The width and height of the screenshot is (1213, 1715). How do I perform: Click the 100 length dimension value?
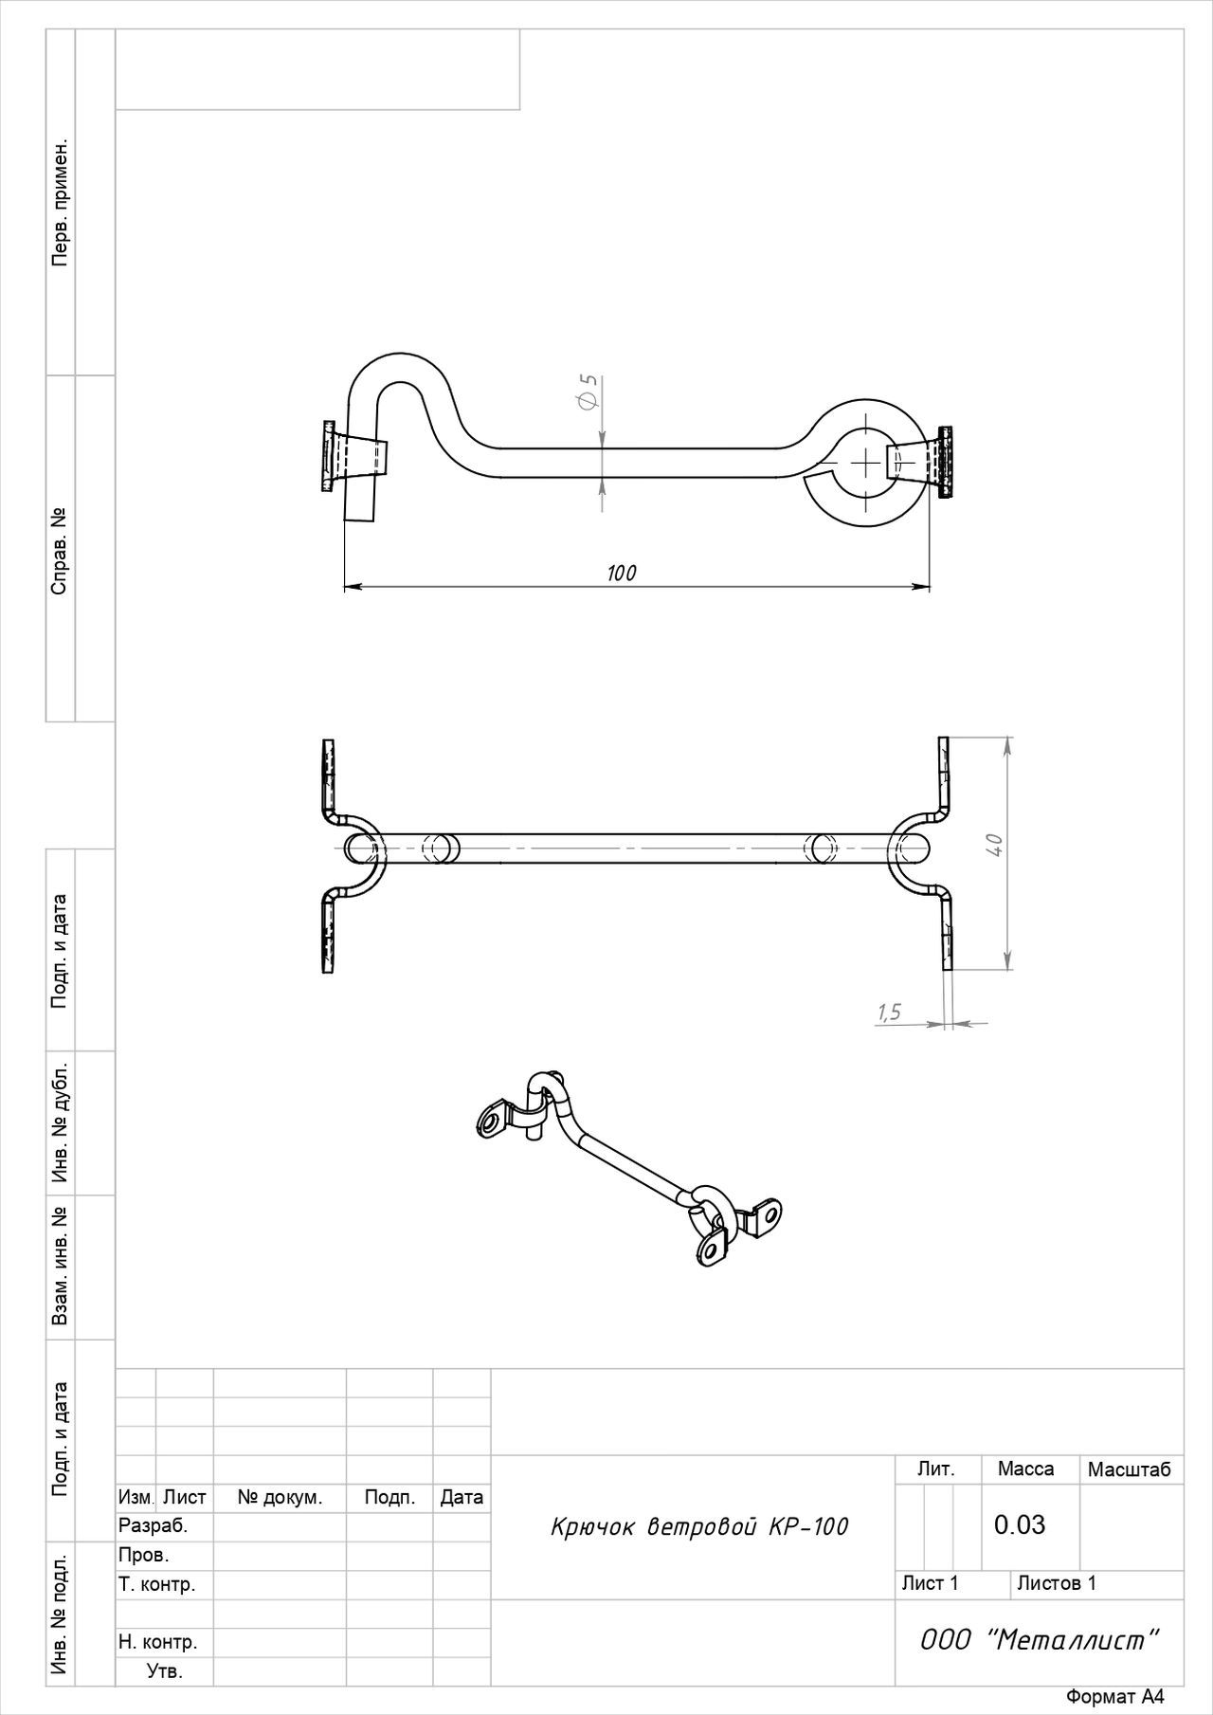point(622,573)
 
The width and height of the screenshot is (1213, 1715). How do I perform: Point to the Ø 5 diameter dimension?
point(588,392)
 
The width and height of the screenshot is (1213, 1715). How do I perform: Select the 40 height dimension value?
point(994,845)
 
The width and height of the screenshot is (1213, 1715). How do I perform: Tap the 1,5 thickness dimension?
point(889,1013)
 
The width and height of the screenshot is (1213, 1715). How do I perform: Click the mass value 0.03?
point(1020,1524)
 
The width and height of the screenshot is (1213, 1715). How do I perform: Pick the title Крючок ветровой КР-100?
point(699,1526)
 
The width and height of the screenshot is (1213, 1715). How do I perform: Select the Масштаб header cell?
point(1129,1469)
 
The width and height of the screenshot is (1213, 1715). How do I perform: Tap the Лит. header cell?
point(936,1469)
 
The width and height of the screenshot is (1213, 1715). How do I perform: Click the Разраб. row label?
point(154,1526)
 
